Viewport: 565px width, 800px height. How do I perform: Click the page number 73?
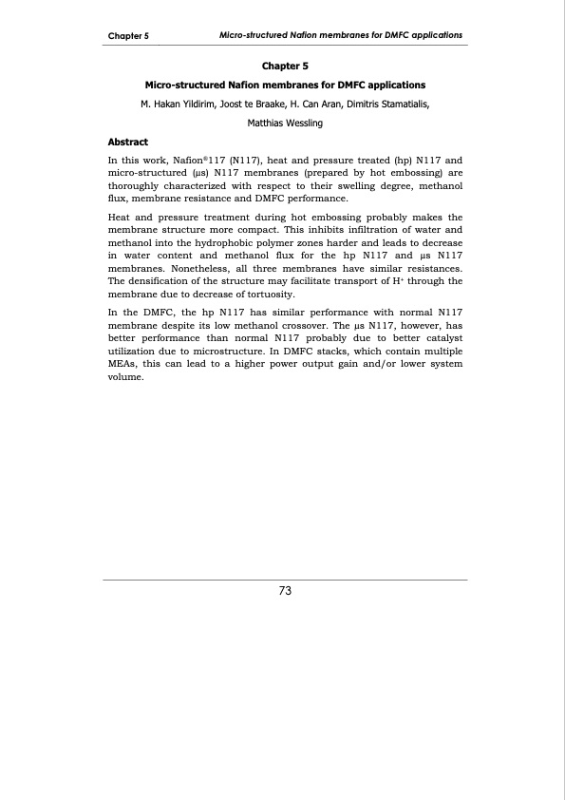point(284,591)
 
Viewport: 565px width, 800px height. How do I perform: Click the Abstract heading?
point(133,141)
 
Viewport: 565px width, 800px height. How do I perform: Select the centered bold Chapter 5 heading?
point(284,67)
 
